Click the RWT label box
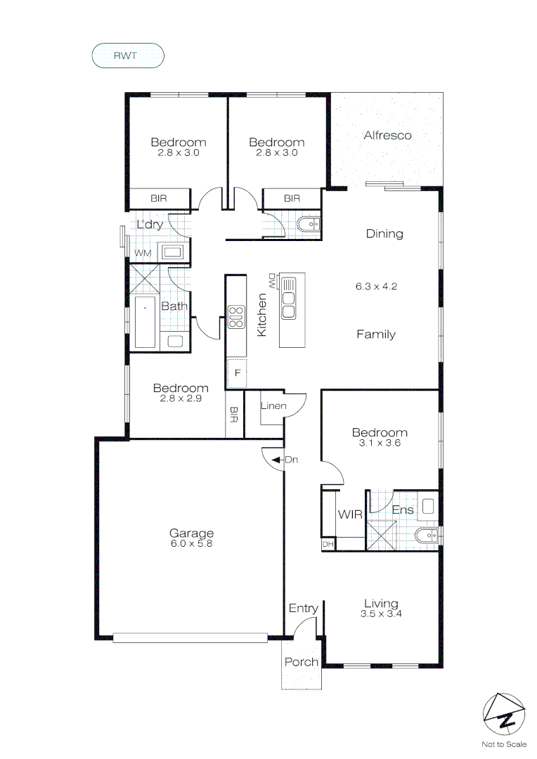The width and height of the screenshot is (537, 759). tap(128, 56)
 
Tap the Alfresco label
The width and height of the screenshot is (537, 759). tap(387, 136)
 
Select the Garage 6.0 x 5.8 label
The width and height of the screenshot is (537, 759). tap(190, 538)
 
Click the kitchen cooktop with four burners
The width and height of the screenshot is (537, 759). tap(236, 317)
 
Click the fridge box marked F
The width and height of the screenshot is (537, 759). tap(238, 372)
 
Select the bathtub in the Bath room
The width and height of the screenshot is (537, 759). tap(145, 322)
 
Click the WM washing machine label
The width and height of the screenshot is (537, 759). tap(143, 252)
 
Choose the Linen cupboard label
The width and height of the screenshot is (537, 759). tap(272, 406)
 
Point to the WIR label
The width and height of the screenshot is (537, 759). tap(349, 514)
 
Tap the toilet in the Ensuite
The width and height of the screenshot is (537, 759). tap(425, 536)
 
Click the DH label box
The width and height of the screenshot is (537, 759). tap(328, 544)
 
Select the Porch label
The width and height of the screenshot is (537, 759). tap(301, 662)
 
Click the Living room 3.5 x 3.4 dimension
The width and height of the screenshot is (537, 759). tap(381, 614)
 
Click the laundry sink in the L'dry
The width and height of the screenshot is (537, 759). tap(173, 251)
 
